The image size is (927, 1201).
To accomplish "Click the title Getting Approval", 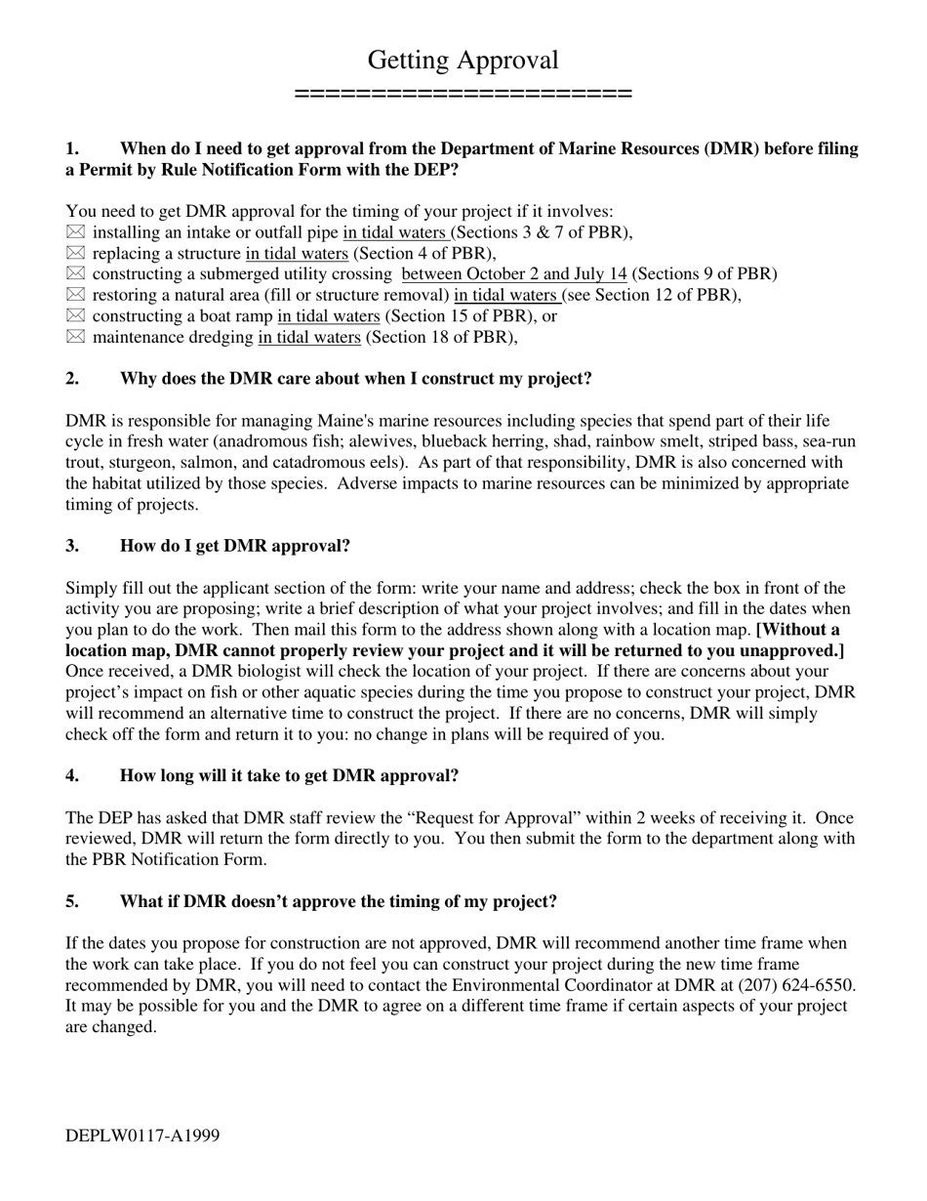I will [x=463, y=61].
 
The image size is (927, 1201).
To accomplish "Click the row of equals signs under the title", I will [x=463, y=94].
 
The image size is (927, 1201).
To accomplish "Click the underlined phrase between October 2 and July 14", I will [x=514, y=274].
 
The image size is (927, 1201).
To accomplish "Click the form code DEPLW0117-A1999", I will [x=142, y=1136].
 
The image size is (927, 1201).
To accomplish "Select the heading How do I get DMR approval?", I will [x=234, y=546].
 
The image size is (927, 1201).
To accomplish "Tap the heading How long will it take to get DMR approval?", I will [x=289, y=776].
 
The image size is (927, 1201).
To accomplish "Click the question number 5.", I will [x=72, y=901].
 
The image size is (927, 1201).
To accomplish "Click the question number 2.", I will [x=72, y=379].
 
